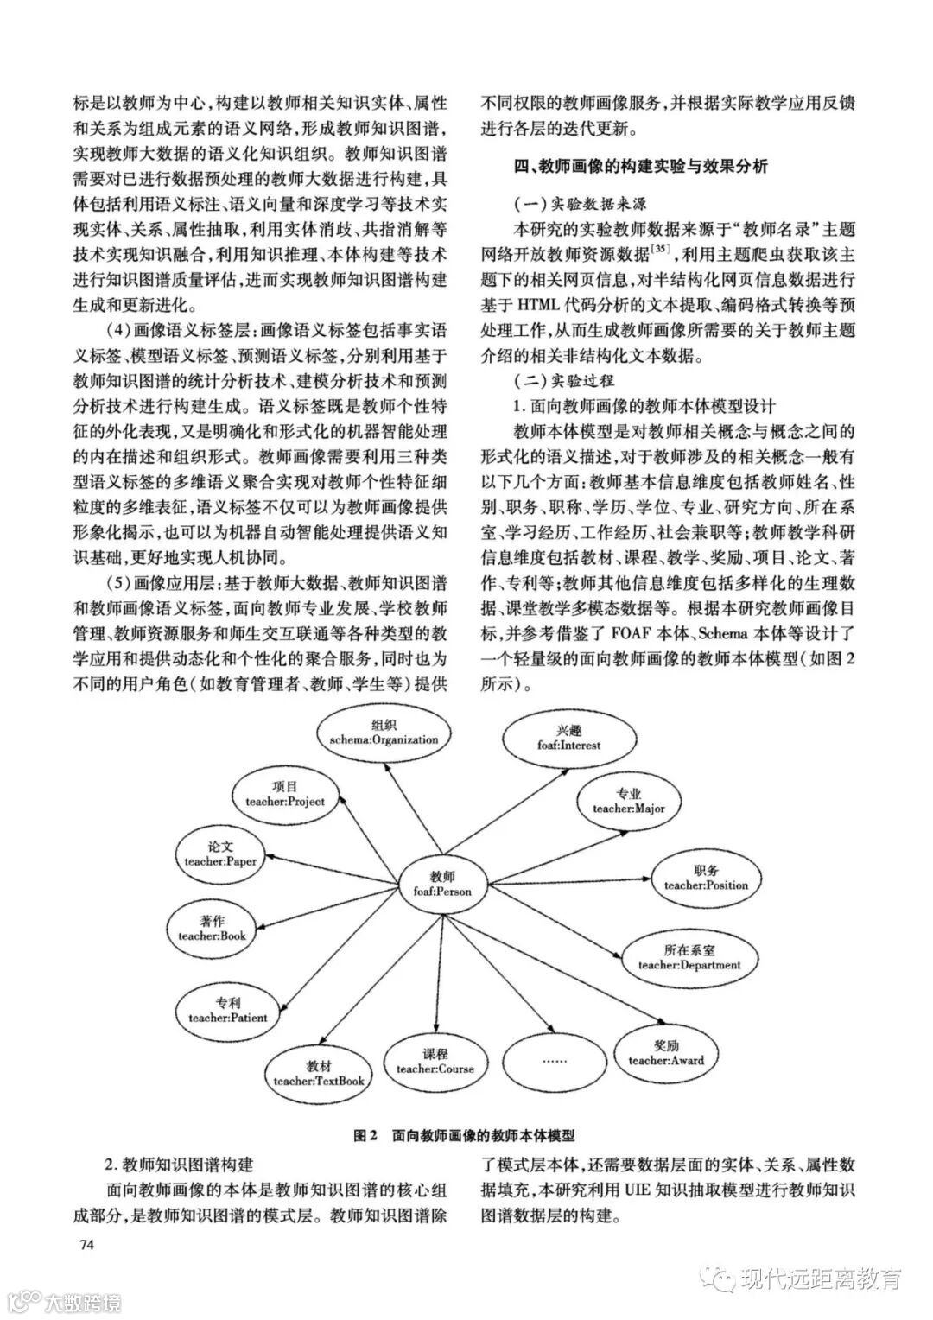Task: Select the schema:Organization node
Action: [383, 733]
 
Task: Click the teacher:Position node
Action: [706, 878]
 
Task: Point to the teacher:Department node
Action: [689, 957]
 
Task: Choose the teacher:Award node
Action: [665, 1052]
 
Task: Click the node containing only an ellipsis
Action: [554, 1061]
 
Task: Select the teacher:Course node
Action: [435, 1061]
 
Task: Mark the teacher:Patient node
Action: [228, 1010]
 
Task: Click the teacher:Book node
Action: [212, 928]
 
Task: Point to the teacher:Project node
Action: [285, 794]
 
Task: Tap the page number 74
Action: [86, 1246]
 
